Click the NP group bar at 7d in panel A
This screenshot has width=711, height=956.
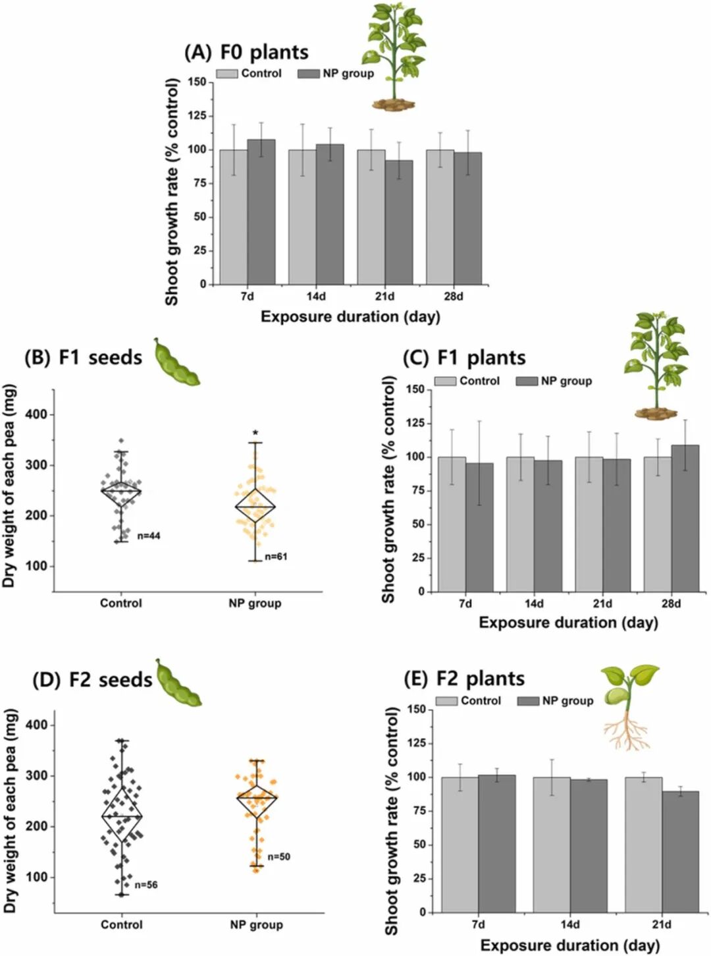point(261,212)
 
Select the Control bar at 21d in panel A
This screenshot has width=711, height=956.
point(371,217)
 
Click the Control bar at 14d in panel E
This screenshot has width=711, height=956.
point(552,845)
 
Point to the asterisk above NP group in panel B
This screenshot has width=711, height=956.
point(255,434)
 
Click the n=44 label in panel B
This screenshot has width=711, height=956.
point(149,536)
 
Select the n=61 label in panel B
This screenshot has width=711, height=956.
point(276,557)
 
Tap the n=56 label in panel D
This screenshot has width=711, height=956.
point(146,885)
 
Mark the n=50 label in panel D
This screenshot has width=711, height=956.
point(278,857)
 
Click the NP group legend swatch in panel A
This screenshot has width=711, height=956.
point(308,74)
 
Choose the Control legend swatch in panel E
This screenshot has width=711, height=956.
point(446,701)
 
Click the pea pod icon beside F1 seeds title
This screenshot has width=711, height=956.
point(176,362)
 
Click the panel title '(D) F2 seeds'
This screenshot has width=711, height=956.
point(92,679)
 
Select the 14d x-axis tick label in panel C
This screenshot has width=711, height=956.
point(534,604)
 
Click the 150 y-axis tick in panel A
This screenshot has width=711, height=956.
point(197,82)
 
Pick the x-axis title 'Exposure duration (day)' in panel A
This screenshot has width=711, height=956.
point(350,317)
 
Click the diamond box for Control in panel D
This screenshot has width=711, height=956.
point(122,816)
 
